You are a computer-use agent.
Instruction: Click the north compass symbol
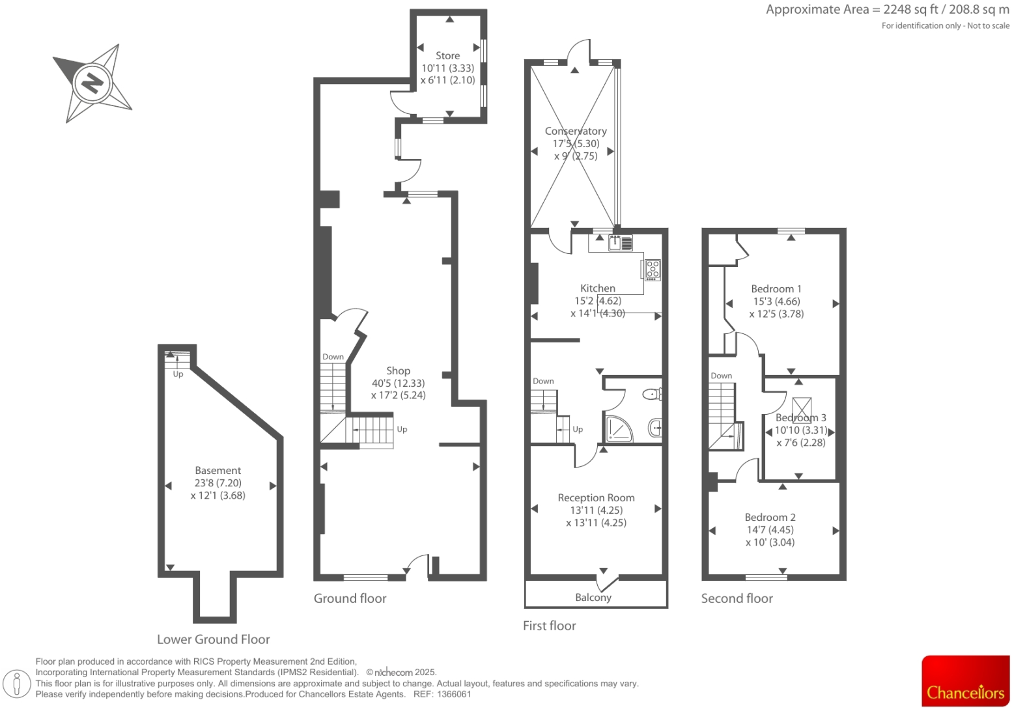(x=92, y=83)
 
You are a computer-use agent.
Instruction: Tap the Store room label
(x=447, y=56)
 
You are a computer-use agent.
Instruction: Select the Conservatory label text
(x=576, y=132)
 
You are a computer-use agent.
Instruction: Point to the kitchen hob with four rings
(x=653, y=269)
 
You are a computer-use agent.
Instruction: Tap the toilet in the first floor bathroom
(x=651, y=394)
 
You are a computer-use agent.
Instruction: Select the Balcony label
(x=593, y=597)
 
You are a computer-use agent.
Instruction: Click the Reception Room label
(x=596, y=497)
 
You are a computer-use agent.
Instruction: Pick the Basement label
(x=218, y=470)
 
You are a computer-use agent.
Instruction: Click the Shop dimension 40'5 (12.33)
(x=398, y=383)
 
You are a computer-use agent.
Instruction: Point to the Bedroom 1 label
(x=776, y=288)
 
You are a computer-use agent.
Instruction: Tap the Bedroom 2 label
(x=770, y=517)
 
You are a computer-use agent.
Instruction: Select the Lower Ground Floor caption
(x=213, y=639)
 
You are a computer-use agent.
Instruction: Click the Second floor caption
(x=737, y=598)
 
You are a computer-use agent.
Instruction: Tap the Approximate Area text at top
(x=887, y=10)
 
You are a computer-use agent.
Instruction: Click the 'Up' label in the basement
(x=178, y=374)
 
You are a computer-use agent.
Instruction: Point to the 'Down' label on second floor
(x=721, y=376)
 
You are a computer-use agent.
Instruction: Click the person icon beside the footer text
(x=18, y=684)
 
